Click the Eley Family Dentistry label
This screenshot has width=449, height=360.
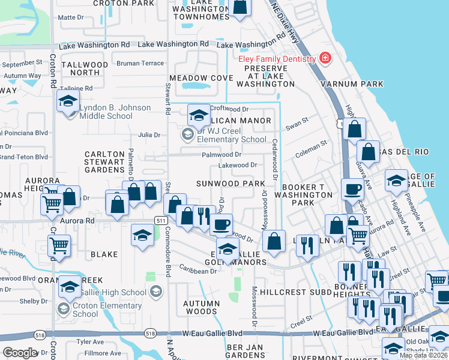pos(276,59)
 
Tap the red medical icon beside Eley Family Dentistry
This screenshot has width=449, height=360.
pos(325,58)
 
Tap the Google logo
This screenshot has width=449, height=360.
pos(20,353)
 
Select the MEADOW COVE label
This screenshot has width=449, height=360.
pos(200,78)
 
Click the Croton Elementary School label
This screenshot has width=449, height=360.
pos(85,310)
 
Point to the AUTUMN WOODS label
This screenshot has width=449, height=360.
pos(201,307)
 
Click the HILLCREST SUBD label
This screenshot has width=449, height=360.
pos(304,292)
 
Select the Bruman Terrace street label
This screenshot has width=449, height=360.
pos(140,63)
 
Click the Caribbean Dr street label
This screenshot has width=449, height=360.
pos(197,271)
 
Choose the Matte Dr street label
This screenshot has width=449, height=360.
pos(71,17)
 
